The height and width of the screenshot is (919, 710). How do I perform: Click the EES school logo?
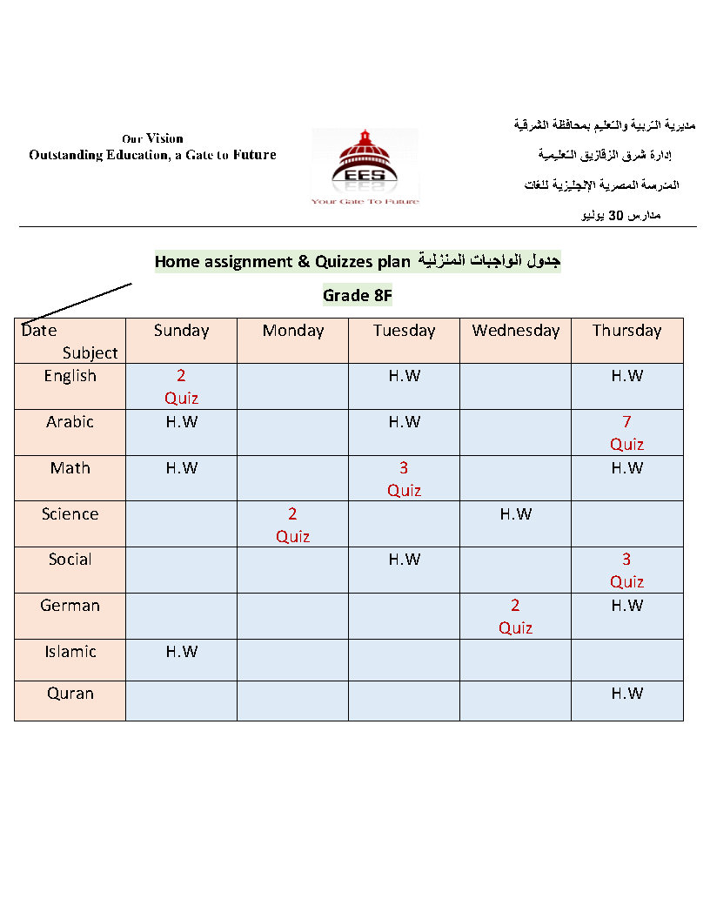[x=365, y=167]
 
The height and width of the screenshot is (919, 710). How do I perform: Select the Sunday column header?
[x=181, y=331]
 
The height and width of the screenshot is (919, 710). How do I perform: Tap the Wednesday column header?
[x=516, y=331]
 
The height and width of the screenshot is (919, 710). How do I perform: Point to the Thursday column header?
[x=626, y=331]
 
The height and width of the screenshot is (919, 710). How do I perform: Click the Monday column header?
[x=292, y=331]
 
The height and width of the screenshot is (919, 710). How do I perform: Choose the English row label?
[x=70, y=376]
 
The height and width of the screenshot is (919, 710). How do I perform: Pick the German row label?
[x=70, y=606]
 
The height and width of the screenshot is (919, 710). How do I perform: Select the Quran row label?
[x=70, y=694]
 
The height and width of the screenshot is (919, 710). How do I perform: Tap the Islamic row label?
[x=70, y=652]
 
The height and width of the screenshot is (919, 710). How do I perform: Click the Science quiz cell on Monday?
[x=292, y=525]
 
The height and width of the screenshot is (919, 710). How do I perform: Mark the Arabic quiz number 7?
[x=626, y=422]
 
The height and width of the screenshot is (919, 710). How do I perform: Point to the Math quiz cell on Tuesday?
[x=404, y=479]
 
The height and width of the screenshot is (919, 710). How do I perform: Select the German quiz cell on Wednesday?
[x=515, y=616]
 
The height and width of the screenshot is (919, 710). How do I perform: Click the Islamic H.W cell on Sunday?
[x=181, y=652]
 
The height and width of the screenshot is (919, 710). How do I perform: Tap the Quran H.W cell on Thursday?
[x=626, y=694]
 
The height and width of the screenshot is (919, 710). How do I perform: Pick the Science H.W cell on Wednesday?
[x=515, y=514]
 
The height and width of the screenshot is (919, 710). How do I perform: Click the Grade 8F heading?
[x=358, y=295]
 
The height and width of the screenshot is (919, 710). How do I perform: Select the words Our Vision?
[x=152, y=138]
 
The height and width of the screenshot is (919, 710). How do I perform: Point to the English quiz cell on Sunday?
[x=181, y=386]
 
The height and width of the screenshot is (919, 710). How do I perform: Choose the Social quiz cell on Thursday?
[x=626, y=570]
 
